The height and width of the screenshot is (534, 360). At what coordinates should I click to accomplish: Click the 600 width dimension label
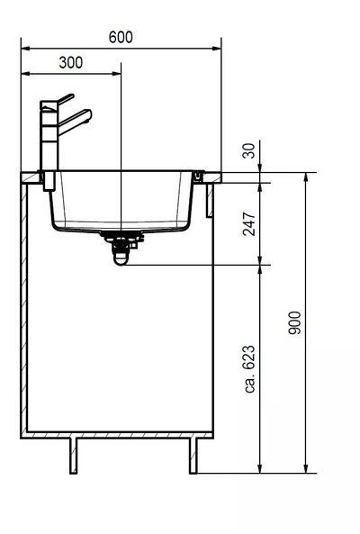pyautogui.click(x=120, y=37)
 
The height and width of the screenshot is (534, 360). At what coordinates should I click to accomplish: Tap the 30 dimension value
pyautogui.click(x=250, y=152)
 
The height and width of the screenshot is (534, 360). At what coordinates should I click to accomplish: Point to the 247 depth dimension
pyautogui.click(x=250, y=223)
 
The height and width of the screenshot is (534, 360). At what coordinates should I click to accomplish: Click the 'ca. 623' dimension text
pyautogui.click(x=250, y=369)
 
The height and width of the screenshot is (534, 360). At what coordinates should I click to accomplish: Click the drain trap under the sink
pyautogui.click(x=120, y=248)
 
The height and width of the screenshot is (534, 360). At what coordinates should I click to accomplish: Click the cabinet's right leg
pyautogui.click(x=193, y=456)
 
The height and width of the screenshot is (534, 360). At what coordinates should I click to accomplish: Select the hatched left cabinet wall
pyautogui.click(x=24, y=306)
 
